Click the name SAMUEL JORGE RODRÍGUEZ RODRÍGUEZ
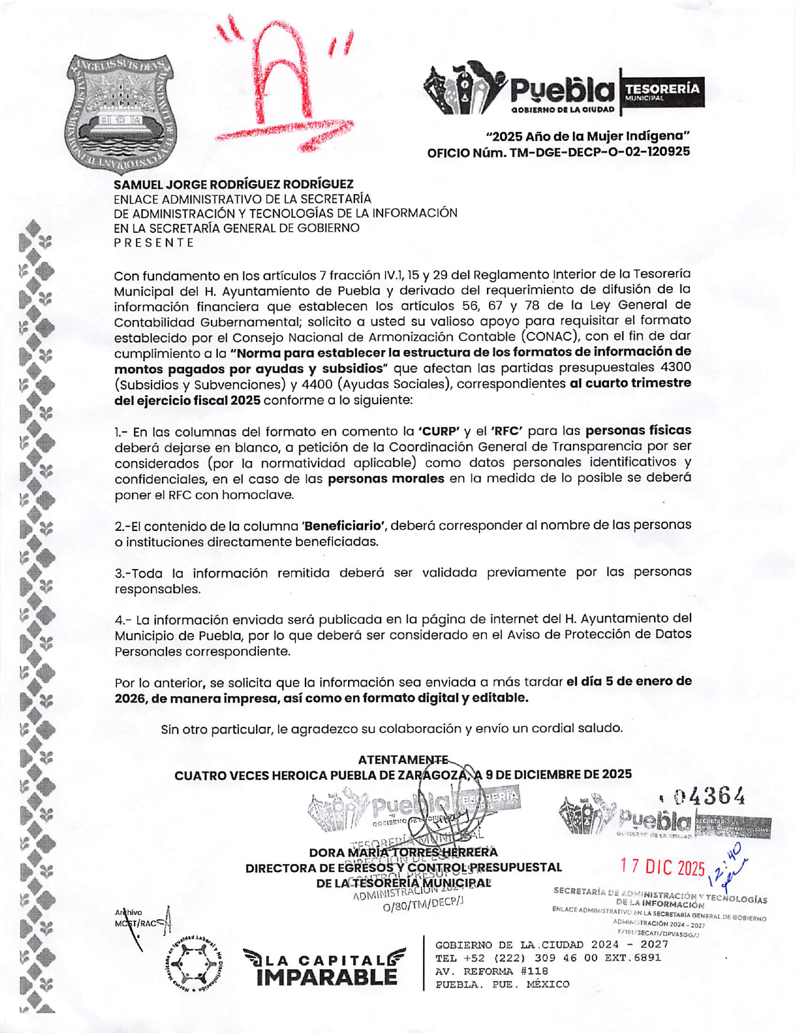(x=233, y=184)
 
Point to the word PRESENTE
(x=154, y=243)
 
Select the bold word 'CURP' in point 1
(x=439, y=431)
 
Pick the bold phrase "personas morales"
(x=386, y=479)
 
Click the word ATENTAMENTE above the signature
(x=403, y=760)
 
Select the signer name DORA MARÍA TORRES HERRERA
(x=403, y=852)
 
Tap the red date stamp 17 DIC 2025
(x=662, y=868)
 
